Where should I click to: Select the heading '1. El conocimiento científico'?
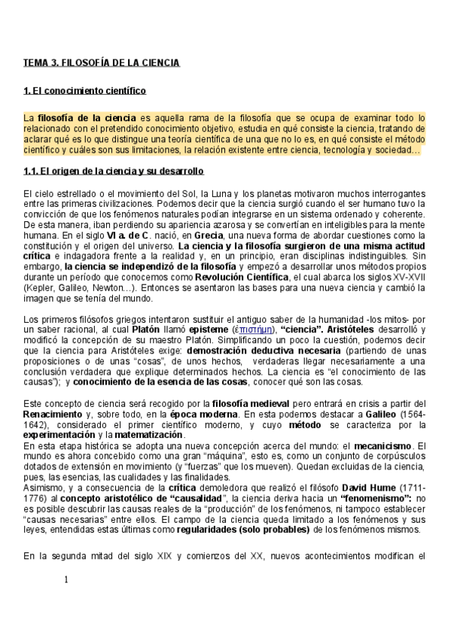pos(84,92)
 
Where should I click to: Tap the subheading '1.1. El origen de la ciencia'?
pos(114,171)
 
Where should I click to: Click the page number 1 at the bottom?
pos(66,579)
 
